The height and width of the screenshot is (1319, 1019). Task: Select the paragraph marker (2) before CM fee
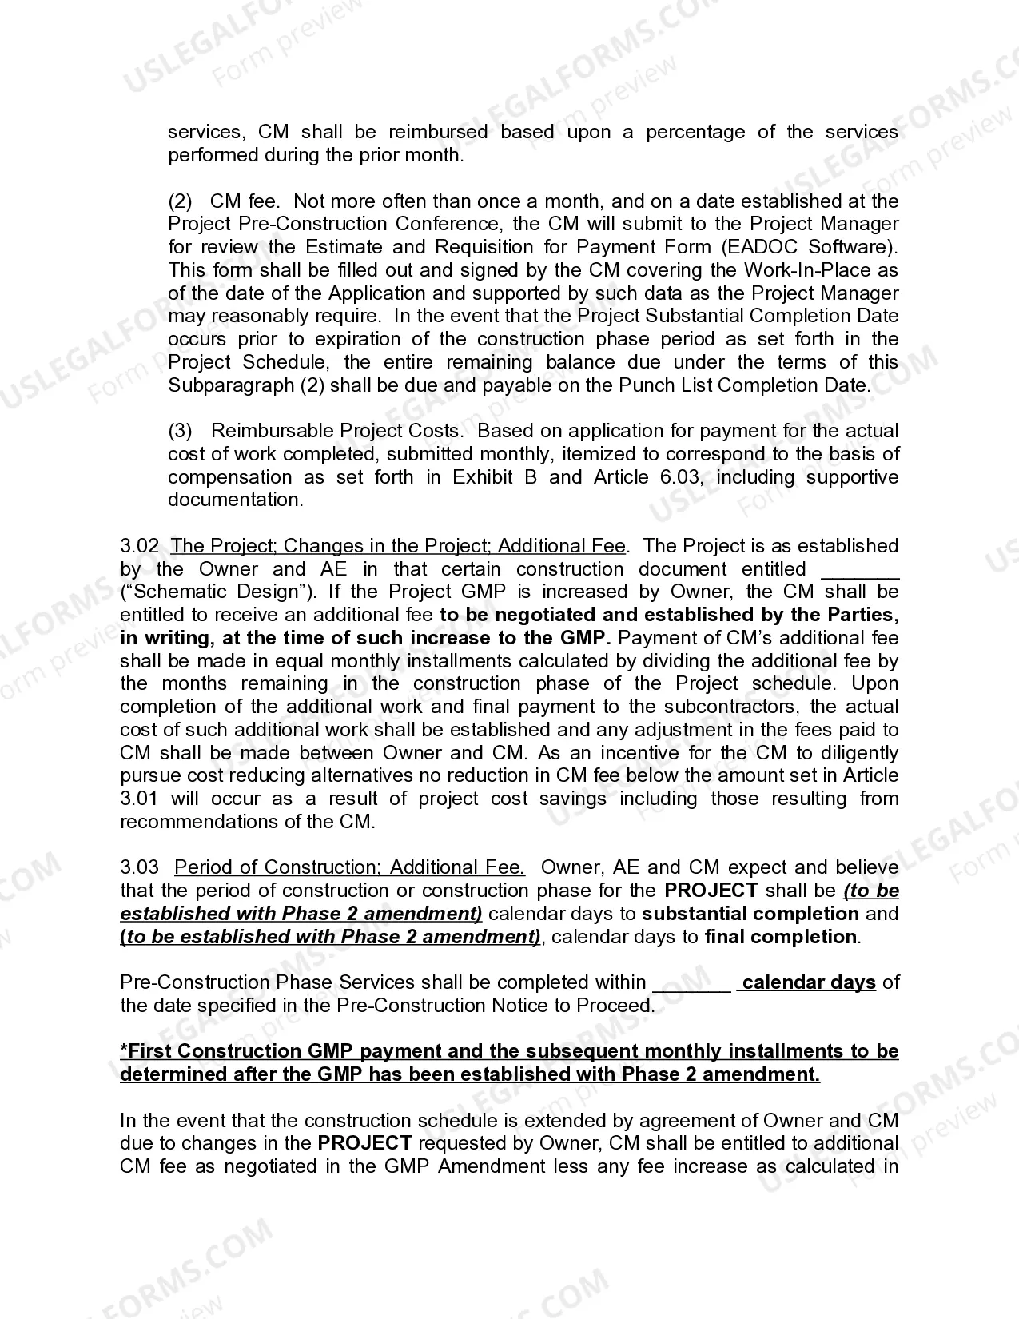click(180, 201)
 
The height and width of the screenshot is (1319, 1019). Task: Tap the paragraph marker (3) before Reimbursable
click(180, 431)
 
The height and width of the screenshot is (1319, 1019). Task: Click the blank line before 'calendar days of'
click(692, 984)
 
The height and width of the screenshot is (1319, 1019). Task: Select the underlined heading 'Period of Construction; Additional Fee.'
click(349, 867)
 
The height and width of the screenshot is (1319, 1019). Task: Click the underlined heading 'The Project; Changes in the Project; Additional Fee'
click(398, 546)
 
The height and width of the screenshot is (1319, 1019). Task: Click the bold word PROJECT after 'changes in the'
click(364, 1143)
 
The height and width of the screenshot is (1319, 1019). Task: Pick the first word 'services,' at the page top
click(206, 132)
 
